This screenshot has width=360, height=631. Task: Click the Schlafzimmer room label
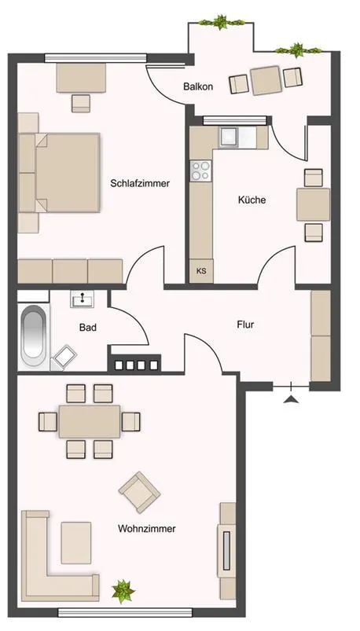140,184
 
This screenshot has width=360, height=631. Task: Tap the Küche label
252,200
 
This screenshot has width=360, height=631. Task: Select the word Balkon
198,86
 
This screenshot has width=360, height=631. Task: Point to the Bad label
88,328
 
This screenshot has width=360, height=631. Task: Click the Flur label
245,325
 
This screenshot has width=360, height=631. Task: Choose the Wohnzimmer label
146,528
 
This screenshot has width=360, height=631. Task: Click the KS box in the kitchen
201,271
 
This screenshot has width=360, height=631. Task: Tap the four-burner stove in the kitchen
200,171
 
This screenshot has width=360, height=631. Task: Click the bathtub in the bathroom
34,337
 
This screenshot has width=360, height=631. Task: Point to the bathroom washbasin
83,299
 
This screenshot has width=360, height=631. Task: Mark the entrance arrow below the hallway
291,399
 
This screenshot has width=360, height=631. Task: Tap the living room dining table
90,421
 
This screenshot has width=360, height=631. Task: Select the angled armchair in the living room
140,492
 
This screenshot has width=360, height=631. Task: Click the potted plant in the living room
123,591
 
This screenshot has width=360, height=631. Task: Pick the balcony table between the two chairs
266,80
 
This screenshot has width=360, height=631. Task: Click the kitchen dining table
314,204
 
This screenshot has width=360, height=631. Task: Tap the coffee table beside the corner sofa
75,543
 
